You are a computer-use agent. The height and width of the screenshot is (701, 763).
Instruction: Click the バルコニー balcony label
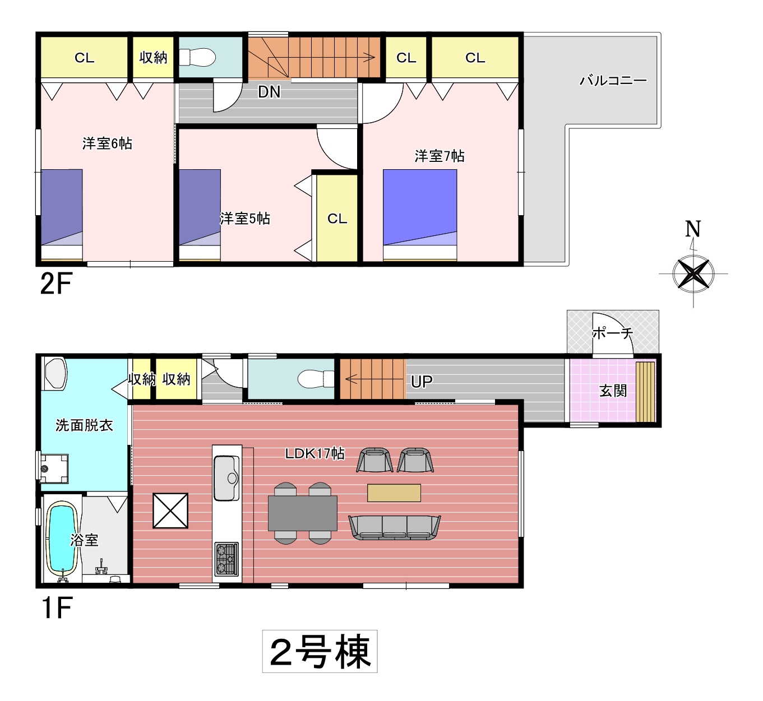[613, 81]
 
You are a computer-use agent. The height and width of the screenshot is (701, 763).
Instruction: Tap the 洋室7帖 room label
[440, 156]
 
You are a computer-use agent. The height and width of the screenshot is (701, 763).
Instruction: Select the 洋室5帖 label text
[245, 219]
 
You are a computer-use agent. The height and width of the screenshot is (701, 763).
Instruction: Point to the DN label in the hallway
[269, 92]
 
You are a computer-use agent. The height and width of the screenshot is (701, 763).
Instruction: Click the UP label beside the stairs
[422, 382]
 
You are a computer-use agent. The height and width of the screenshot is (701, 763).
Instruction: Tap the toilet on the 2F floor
[197, 58]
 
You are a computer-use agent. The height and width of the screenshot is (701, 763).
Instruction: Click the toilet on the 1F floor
[316, 379]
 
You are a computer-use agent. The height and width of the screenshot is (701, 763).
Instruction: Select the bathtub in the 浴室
[62, 539]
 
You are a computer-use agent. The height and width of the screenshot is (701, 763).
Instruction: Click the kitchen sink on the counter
[226, 478]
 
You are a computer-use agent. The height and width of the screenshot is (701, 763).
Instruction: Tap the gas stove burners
[226, 559]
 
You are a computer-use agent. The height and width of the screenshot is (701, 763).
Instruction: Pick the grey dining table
[303, 513]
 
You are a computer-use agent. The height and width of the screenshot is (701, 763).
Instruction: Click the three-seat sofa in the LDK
[395, 527]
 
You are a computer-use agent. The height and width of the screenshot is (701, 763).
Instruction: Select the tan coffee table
[394, 493]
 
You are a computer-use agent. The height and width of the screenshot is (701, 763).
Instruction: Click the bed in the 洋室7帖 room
[420, 215]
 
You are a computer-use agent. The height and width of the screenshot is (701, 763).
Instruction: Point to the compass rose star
[693, 273]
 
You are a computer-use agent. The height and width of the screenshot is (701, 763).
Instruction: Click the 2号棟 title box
[320, 651]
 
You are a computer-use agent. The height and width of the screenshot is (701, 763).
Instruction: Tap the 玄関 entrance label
[613, 391]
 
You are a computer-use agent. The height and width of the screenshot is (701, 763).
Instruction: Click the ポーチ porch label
[613, 333]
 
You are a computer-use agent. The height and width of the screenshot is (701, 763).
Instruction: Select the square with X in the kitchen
[170, 510]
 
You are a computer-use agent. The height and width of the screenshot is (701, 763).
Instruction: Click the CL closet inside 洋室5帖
[337, 219]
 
